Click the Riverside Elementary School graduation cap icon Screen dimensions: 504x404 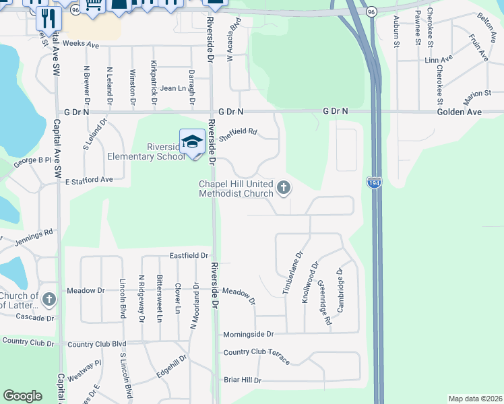click(192, 141)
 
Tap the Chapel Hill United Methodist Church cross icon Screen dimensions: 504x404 click(284, 187)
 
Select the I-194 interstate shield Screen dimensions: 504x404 click(375, 182)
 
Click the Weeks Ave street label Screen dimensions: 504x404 click(82, 45)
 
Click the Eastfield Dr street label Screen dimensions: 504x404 click(189, 256)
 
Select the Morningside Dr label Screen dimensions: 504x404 click(249, 334)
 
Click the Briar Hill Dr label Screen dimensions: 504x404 click(242, 380)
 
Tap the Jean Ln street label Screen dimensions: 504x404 click(173, 88)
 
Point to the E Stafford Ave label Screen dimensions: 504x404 click(89, 180)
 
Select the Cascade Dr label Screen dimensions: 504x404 click(34, 318)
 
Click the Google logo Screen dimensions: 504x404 click(23, 396)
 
